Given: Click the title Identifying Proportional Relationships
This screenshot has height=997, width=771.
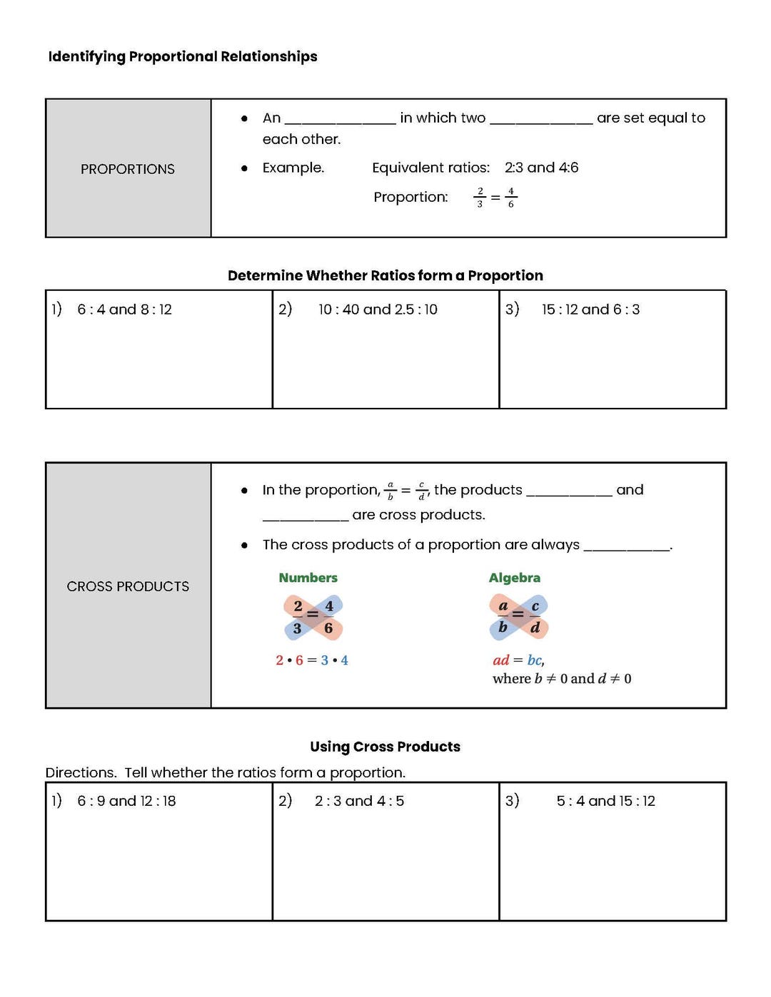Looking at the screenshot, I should pos(183,56).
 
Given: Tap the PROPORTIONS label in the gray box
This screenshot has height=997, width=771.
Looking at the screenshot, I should pos(128,169).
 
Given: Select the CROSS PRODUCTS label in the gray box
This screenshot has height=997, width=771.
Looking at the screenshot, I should pos(128,586).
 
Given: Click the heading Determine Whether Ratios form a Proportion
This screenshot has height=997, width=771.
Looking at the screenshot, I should pos(385,275).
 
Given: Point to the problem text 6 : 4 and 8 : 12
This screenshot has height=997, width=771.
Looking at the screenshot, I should pos(124,310).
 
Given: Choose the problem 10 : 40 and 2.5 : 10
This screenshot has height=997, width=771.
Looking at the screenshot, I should pos(378,310).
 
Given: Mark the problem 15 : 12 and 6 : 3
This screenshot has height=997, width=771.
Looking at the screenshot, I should pos(590,310).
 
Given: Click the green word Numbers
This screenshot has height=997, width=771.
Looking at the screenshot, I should pos(308,578).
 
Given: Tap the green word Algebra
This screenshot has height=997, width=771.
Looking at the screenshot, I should pos(514,578).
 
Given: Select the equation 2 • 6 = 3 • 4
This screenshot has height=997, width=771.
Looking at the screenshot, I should pos(312,660).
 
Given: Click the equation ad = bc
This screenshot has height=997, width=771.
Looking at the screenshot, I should pos(518,660).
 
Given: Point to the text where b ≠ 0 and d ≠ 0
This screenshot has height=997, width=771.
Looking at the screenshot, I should pos(562,679).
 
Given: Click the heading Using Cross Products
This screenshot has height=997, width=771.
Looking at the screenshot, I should pos(385,747).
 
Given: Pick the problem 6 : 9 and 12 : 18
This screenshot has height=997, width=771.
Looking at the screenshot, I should pos(126,801).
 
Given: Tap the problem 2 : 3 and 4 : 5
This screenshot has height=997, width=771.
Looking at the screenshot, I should pos(359,801).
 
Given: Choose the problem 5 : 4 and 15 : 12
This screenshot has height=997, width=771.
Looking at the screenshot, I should pos(605,801).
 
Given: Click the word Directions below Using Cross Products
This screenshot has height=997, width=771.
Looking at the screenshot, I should pos(80,772).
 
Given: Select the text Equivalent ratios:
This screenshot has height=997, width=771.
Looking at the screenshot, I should pos(430,168).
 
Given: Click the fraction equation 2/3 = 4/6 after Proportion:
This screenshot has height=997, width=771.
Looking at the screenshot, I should pos(495,198).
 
